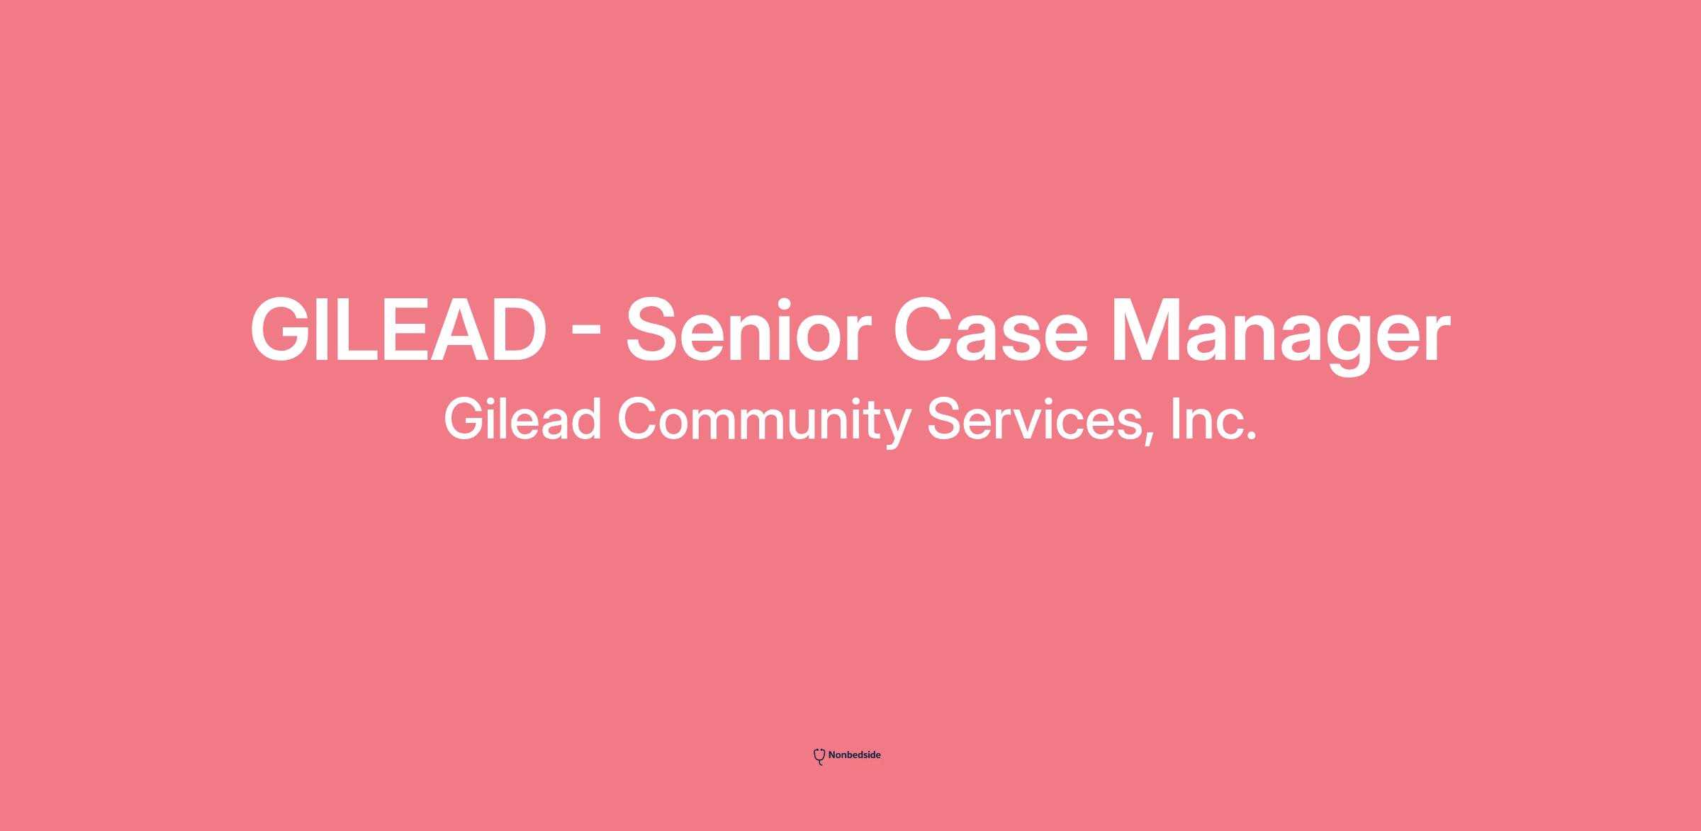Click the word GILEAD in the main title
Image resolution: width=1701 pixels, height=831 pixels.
coord(398,330)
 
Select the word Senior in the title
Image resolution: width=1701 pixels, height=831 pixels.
coord(748,330)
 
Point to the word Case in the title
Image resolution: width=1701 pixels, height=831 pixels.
coord(990,330)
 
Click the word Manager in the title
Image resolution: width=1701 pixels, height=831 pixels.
coord(1281,336)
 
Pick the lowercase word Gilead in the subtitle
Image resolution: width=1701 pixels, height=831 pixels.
coord(523,419)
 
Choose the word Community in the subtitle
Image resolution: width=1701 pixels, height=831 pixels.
coord(765,423)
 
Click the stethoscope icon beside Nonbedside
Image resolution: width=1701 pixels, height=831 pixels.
coord(819,757)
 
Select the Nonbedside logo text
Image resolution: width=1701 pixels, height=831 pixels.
coord(854,755)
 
